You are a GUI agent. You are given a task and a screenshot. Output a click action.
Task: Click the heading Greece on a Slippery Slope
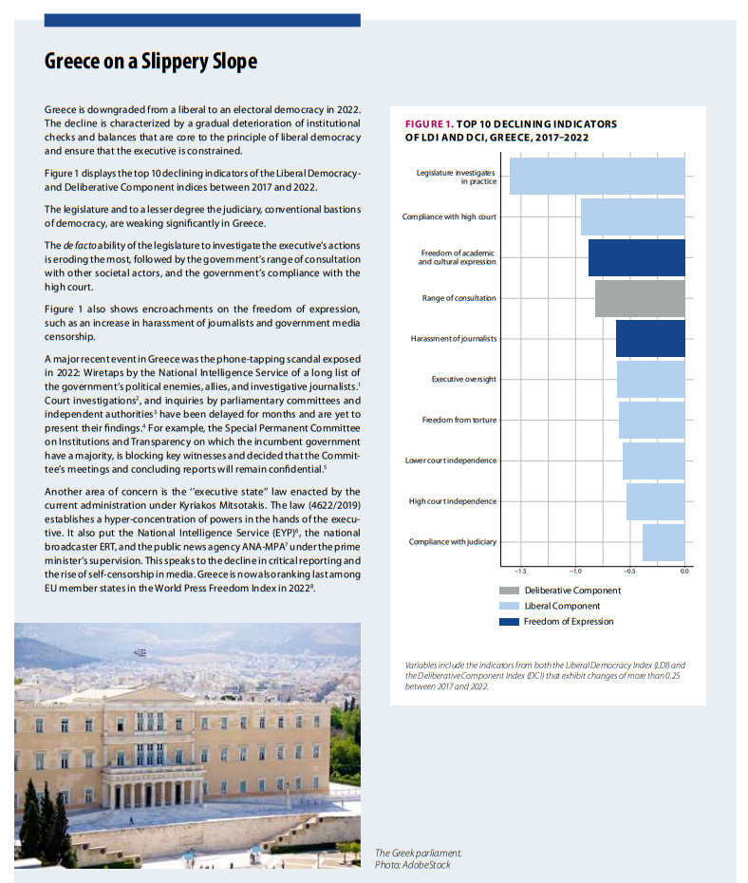[x=151, y=62]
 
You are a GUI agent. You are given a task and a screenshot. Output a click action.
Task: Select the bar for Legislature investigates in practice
[x=597, y=177]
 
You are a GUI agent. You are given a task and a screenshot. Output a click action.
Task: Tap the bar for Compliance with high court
[x=632, y=216]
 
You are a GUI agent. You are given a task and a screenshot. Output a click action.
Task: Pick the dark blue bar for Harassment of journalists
[x=650, y=339]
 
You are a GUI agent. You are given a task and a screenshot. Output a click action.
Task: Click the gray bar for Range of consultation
[x=640, y=298]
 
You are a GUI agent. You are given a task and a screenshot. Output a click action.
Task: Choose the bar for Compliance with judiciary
[x=664, y=542]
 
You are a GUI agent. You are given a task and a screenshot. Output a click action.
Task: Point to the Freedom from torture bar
[x=651, y=420]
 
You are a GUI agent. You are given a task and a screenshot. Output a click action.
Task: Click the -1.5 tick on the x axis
[x=520, y=571]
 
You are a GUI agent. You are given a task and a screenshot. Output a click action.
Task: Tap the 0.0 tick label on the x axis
[x=684, y=571]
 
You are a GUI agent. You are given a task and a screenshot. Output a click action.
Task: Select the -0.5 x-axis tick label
[x=629, y=571]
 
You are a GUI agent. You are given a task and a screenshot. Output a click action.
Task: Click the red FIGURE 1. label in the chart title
[x=428, y=124]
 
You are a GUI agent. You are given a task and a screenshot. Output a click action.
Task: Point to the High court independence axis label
[x=453, y=501]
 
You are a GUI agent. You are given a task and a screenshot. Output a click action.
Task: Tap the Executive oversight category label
[x=463, y=380]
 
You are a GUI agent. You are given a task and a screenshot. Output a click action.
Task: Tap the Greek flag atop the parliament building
[x=141, y=652]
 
